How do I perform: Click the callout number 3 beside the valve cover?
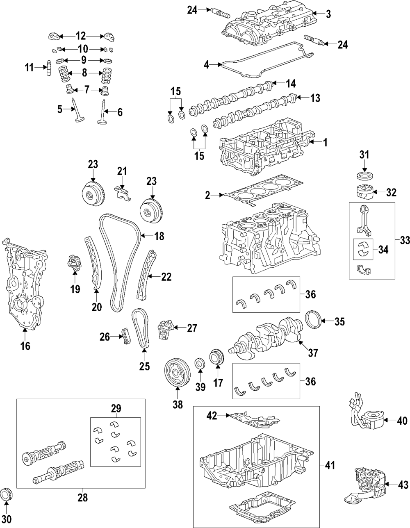click(x=328, y=14)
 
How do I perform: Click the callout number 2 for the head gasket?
click(x=207, y=196)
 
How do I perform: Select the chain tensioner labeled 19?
click(x=73, y=263)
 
